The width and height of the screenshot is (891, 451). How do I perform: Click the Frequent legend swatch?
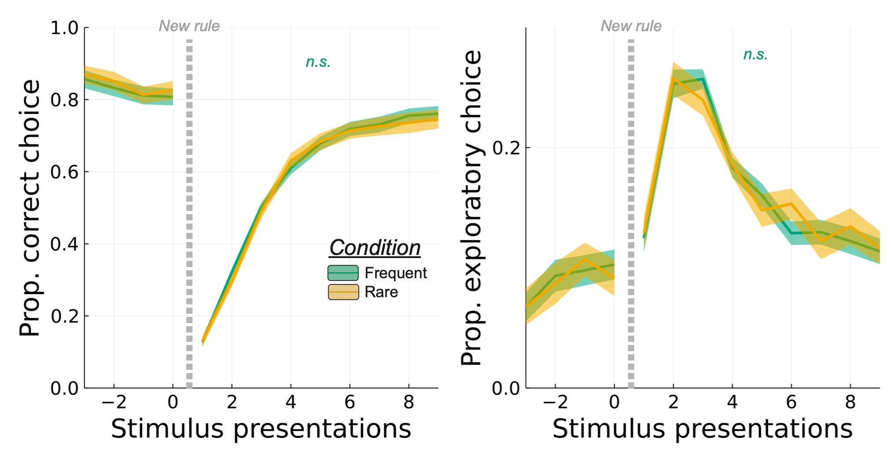coord(343,273)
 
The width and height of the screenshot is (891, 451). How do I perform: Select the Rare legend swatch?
coord(343,292)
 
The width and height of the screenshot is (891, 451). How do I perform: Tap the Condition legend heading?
coord(375,248)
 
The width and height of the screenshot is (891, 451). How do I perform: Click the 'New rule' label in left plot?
coord(189,26)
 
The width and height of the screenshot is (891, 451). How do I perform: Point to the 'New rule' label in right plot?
coord(631,26)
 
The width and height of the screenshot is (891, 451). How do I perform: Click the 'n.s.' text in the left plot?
coord(318,62)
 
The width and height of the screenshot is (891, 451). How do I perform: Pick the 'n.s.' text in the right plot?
coord(755,55)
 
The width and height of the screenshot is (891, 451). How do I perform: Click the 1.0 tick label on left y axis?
coord(64,28)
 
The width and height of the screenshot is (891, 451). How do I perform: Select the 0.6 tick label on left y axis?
coord(64,172)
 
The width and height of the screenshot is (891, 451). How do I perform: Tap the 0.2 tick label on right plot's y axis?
coord(506,148)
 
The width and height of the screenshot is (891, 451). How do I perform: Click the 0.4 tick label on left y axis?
coord(64,244)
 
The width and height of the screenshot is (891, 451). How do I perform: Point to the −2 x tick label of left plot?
coord(114,402)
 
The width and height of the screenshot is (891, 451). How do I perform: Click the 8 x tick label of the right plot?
coord(850,402)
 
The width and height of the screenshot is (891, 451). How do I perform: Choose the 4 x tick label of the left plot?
coord(291,402)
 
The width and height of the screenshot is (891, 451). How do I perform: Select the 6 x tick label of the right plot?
coord(791,402)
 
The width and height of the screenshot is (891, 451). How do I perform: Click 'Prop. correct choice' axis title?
coord(30,208)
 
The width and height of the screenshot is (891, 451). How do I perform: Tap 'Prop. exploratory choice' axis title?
coord(471,208)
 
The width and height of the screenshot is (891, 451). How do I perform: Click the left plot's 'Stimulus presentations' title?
coord(261,429)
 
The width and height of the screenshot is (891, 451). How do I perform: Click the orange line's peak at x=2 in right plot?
coord(673,79)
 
